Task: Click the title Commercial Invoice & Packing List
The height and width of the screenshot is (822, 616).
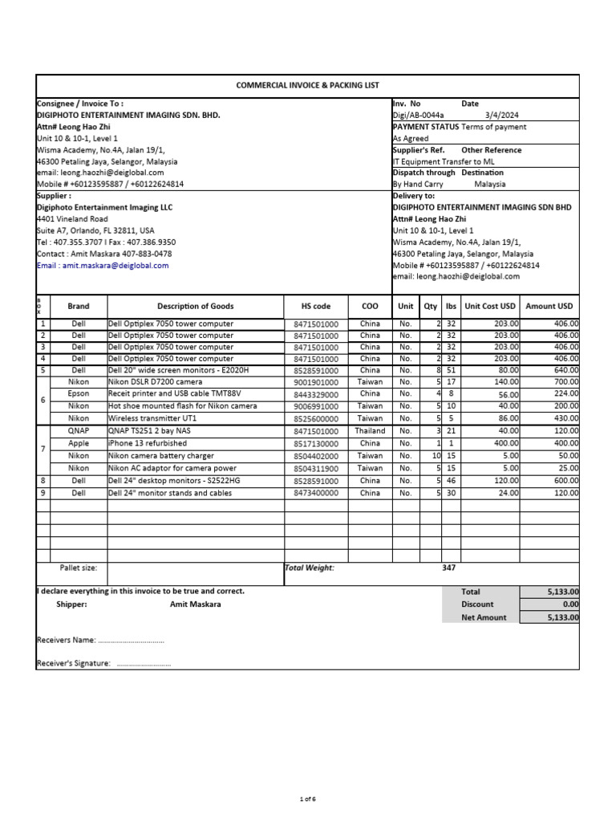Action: click(x=307, y=85)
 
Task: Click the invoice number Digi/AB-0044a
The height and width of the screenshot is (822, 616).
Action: click(x=418, y=116)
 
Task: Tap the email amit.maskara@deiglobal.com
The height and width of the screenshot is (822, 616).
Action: click(x=115, y=265)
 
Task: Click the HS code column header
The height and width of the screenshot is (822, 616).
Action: click(x=315, y=306)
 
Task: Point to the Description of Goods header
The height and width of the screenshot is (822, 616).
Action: click(x=195, y=306)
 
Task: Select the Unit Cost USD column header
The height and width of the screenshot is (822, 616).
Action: click(x=490, y=306)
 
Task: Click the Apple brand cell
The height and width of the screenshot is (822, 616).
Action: click(x=79, y=443)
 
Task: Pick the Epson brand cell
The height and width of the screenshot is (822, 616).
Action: click(x=79, y=394)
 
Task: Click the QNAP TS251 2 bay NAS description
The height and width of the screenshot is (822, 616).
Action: click(x=148, y=431)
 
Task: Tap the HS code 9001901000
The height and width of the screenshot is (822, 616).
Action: click(x=315, y=383)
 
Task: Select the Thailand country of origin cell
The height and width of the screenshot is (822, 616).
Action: click(x=370, y=431)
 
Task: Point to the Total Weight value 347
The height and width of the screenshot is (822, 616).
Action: click(x=449, y=568)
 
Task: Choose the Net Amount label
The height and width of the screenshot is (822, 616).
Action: click(x=483, y=617)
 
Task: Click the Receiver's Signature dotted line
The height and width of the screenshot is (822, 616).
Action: click(x=144, y=665)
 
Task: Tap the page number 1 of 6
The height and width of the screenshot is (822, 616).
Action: click(x=308, y=799)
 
